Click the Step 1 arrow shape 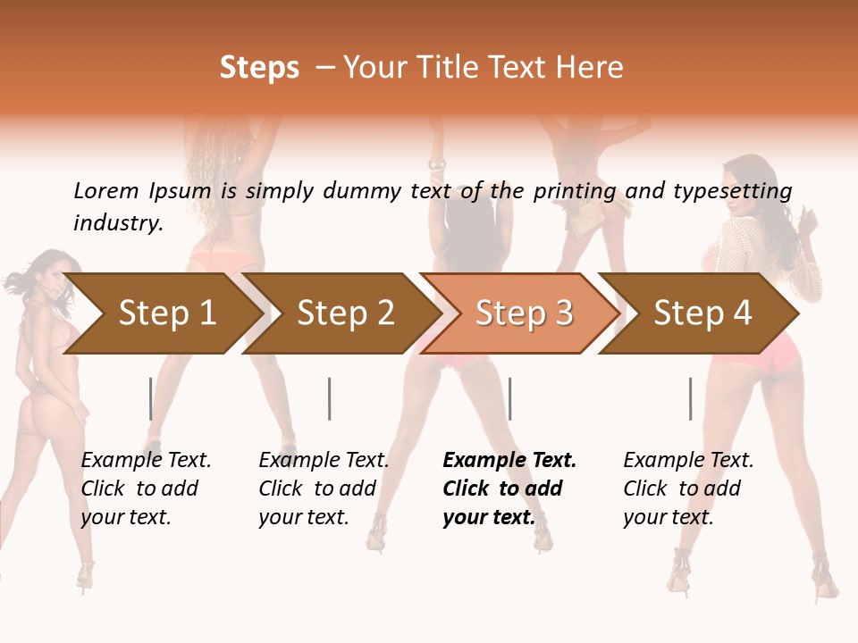tap(166, 313)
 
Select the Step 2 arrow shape tap(345, 313)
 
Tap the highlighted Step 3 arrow tap(524, 313)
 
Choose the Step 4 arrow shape tap(702, 313)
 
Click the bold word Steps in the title tap(259, 68)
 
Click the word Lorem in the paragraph tap(106, 190)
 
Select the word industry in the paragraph tap(118, 222)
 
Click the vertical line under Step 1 tap(151, 398)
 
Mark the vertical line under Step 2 tap(330, 398)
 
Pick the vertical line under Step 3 tap(509, 398)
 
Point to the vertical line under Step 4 tap(690, 398)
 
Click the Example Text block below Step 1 tap(146, 489)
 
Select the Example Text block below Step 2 tap(324, 489)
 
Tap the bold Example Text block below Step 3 tap(509, 489)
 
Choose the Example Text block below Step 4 tap(688, 489)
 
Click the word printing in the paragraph tap(575, 191)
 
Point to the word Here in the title tap(589, 68)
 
